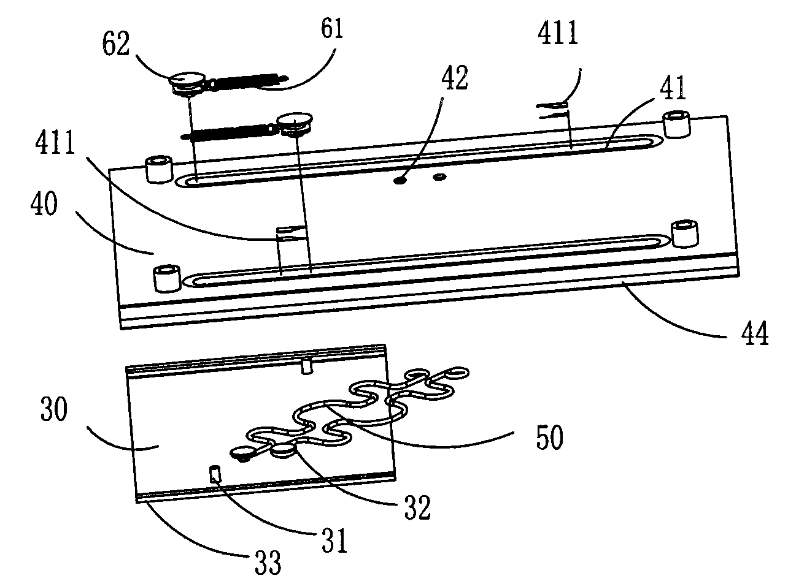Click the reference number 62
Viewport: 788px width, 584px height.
pos(115,44)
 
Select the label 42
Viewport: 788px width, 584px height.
pos(454,77)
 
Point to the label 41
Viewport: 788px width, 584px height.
pos(673,88)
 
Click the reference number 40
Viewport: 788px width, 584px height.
pos(44,204)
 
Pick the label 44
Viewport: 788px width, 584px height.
pos(755,333)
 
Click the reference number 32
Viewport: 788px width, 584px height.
pos(417,508)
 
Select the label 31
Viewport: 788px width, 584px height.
pos(334,540)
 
